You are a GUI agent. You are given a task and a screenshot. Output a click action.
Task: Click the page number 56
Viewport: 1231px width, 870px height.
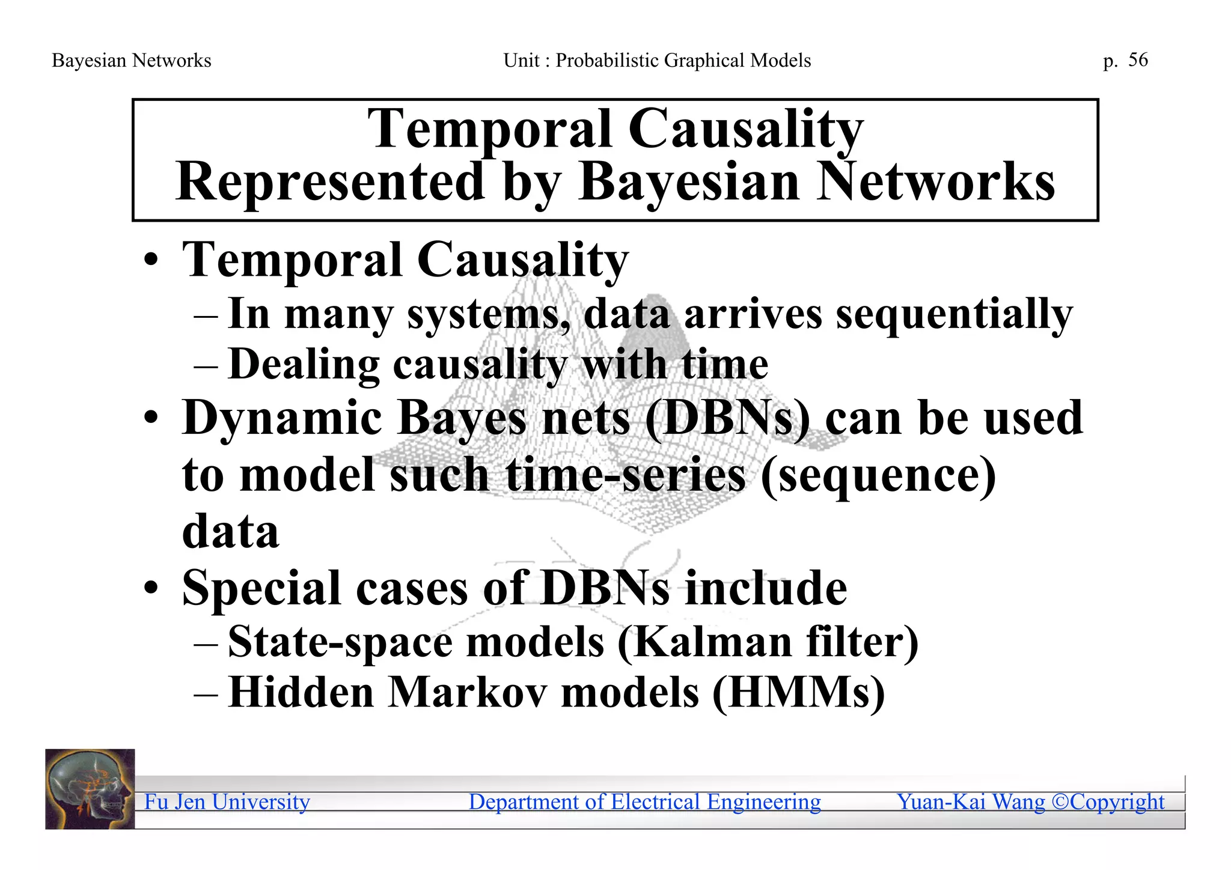(1138, 60)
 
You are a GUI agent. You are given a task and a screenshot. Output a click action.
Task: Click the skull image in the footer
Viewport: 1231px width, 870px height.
(90, 789)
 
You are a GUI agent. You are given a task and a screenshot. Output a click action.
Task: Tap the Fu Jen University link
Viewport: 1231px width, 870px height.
(227, 802)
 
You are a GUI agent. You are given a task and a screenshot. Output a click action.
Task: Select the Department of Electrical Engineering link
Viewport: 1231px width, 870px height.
(644, 802)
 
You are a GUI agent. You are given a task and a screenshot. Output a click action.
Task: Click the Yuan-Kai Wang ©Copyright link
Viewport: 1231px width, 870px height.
(1030, 802)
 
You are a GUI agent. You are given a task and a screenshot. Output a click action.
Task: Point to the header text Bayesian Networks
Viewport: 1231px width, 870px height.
(132, 61)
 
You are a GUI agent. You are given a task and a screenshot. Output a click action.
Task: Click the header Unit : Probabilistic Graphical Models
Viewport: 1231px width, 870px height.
(657, 61)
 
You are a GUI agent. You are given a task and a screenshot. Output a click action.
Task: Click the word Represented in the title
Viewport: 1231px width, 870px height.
(330, 181)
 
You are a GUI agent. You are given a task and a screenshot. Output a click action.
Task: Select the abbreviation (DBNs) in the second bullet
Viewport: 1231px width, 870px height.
(728, 418)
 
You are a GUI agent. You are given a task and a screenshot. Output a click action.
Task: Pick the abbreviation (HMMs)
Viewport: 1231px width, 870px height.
(799, 693)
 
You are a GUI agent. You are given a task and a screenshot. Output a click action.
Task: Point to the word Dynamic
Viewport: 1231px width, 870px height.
(282, 418)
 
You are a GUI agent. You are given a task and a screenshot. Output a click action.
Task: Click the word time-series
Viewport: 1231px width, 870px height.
(626, 475)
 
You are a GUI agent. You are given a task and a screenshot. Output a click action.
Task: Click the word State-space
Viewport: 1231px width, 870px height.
(340, 642)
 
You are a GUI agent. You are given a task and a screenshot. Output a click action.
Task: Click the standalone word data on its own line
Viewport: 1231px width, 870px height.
(230, 531)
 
